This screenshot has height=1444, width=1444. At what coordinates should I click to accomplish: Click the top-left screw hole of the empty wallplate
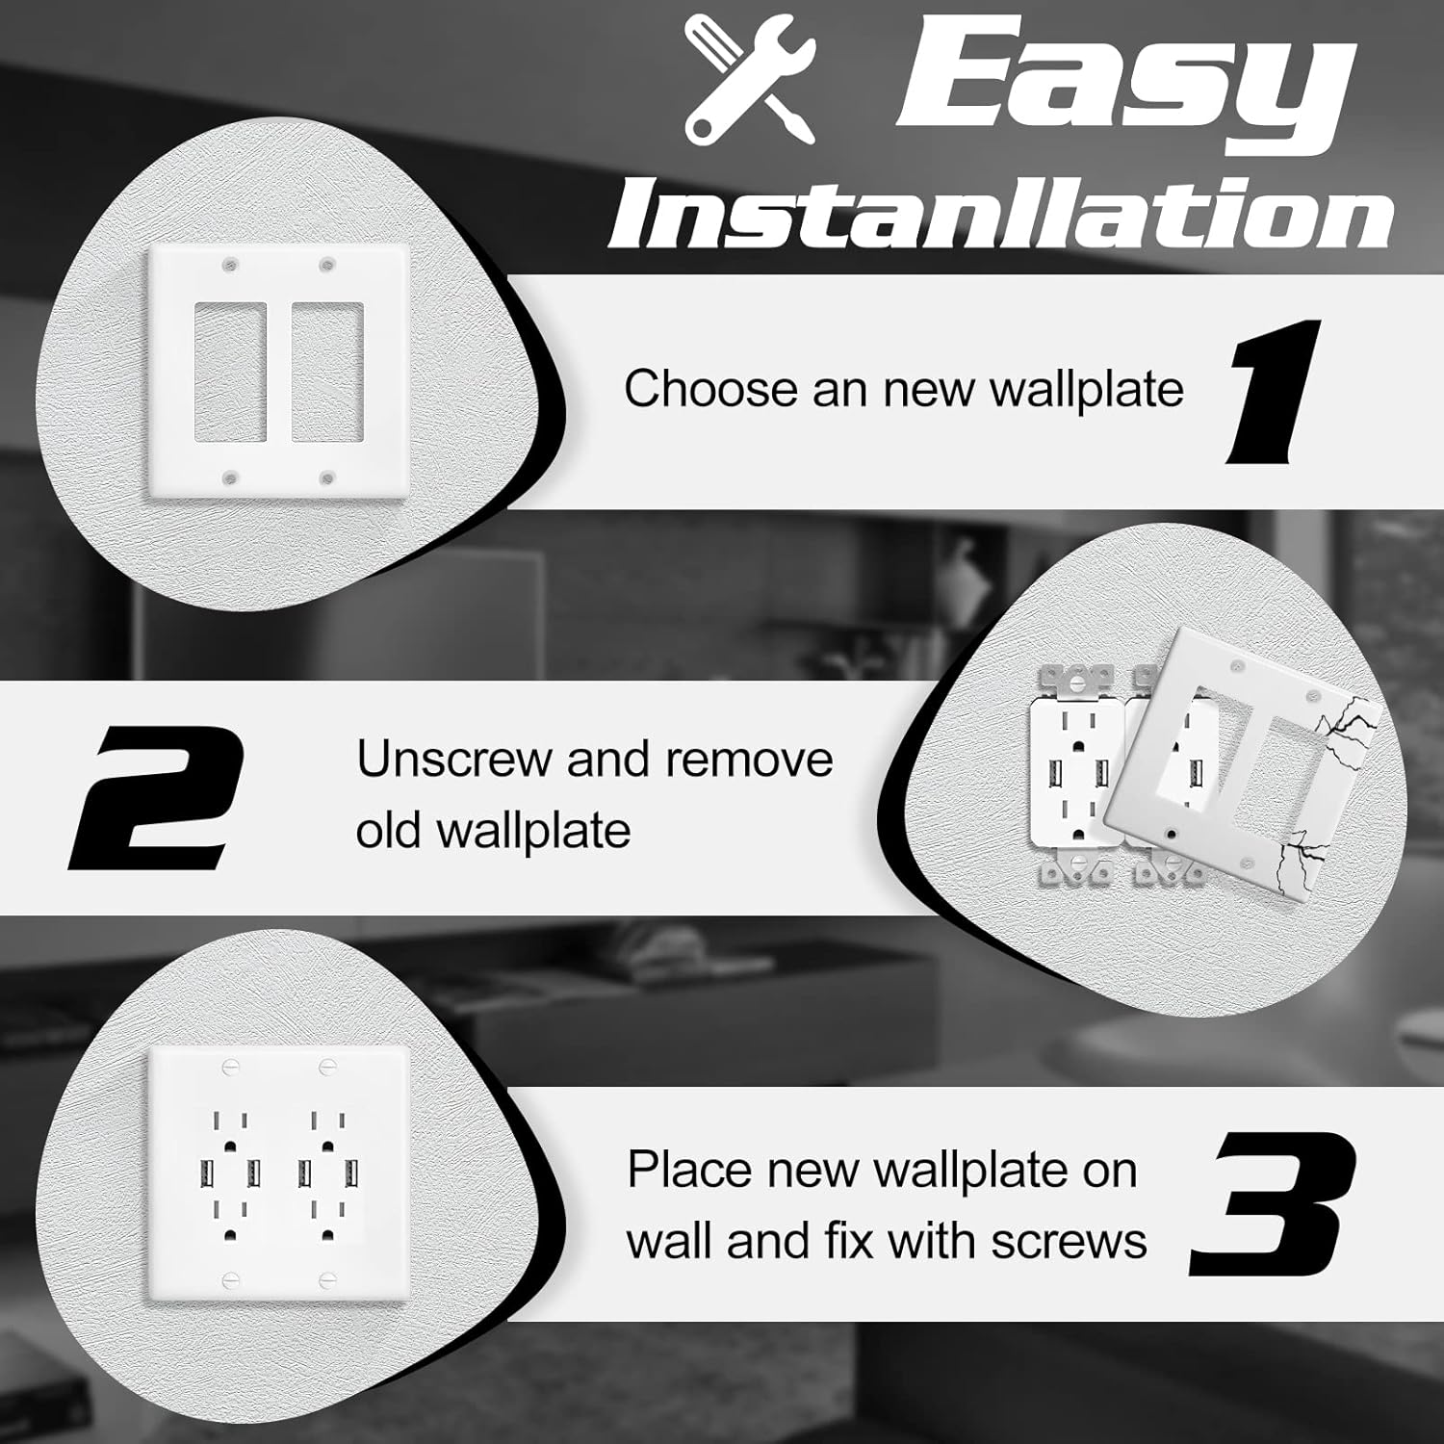pyautogui.click(x=230, y=263)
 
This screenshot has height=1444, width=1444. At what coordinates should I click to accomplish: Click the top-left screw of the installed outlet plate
pyautogui.click(x=230, y=1067)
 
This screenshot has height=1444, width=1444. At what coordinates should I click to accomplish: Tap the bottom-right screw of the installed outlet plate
pyautogui.click(x=327, y=1279)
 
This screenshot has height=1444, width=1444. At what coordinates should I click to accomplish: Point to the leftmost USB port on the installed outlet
pyautogui.click(x=206, y=1173)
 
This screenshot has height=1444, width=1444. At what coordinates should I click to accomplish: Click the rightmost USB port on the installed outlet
pyautogui.click(x=351, y=1173)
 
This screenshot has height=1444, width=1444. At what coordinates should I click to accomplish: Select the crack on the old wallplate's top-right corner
pyautogui.click(x=1348, y=717)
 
